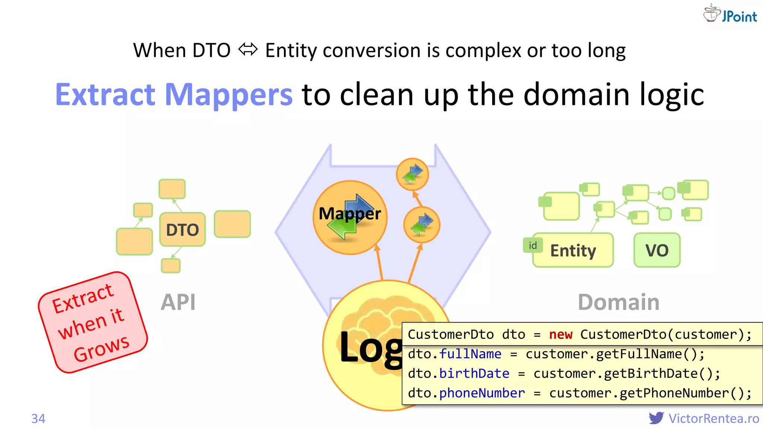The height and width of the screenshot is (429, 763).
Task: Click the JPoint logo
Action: pos(730,14)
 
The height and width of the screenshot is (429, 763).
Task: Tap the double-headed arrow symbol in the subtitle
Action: pos(248,50)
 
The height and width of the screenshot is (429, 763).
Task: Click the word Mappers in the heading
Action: pos(228,95)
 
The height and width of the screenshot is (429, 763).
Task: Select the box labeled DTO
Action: pos(182,229)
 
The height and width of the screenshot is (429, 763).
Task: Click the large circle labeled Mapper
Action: pos(350,217)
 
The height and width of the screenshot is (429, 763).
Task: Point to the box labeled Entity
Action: pos(573,250)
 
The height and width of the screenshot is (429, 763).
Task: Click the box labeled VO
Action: pos(657,250)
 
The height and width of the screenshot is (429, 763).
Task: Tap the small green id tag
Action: pos(533,245)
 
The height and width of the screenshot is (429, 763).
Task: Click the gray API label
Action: pos(178,302)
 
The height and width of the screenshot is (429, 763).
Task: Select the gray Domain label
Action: pos(618,302)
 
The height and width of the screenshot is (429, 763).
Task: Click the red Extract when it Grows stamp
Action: pos(93,322)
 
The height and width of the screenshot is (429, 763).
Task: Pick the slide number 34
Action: pos(38,419)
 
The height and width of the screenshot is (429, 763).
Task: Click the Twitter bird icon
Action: pos(656,418)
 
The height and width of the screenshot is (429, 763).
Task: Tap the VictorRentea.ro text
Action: pos(713,419)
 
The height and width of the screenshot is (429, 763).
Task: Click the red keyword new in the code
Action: pos(560,334)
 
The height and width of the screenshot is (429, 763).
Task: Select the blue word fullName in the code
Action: pos(470,354)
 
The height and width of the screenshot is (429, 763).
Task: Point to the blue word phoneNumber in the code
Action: pos(482,393)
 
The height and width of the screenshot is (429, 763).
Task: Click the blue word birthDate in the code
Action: pos(474,374)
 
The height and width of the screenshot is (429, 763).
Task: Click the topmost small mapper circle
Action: pos(412,174)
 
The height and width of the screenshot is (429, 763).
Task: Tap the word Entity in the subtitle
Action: pos(291,51)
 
